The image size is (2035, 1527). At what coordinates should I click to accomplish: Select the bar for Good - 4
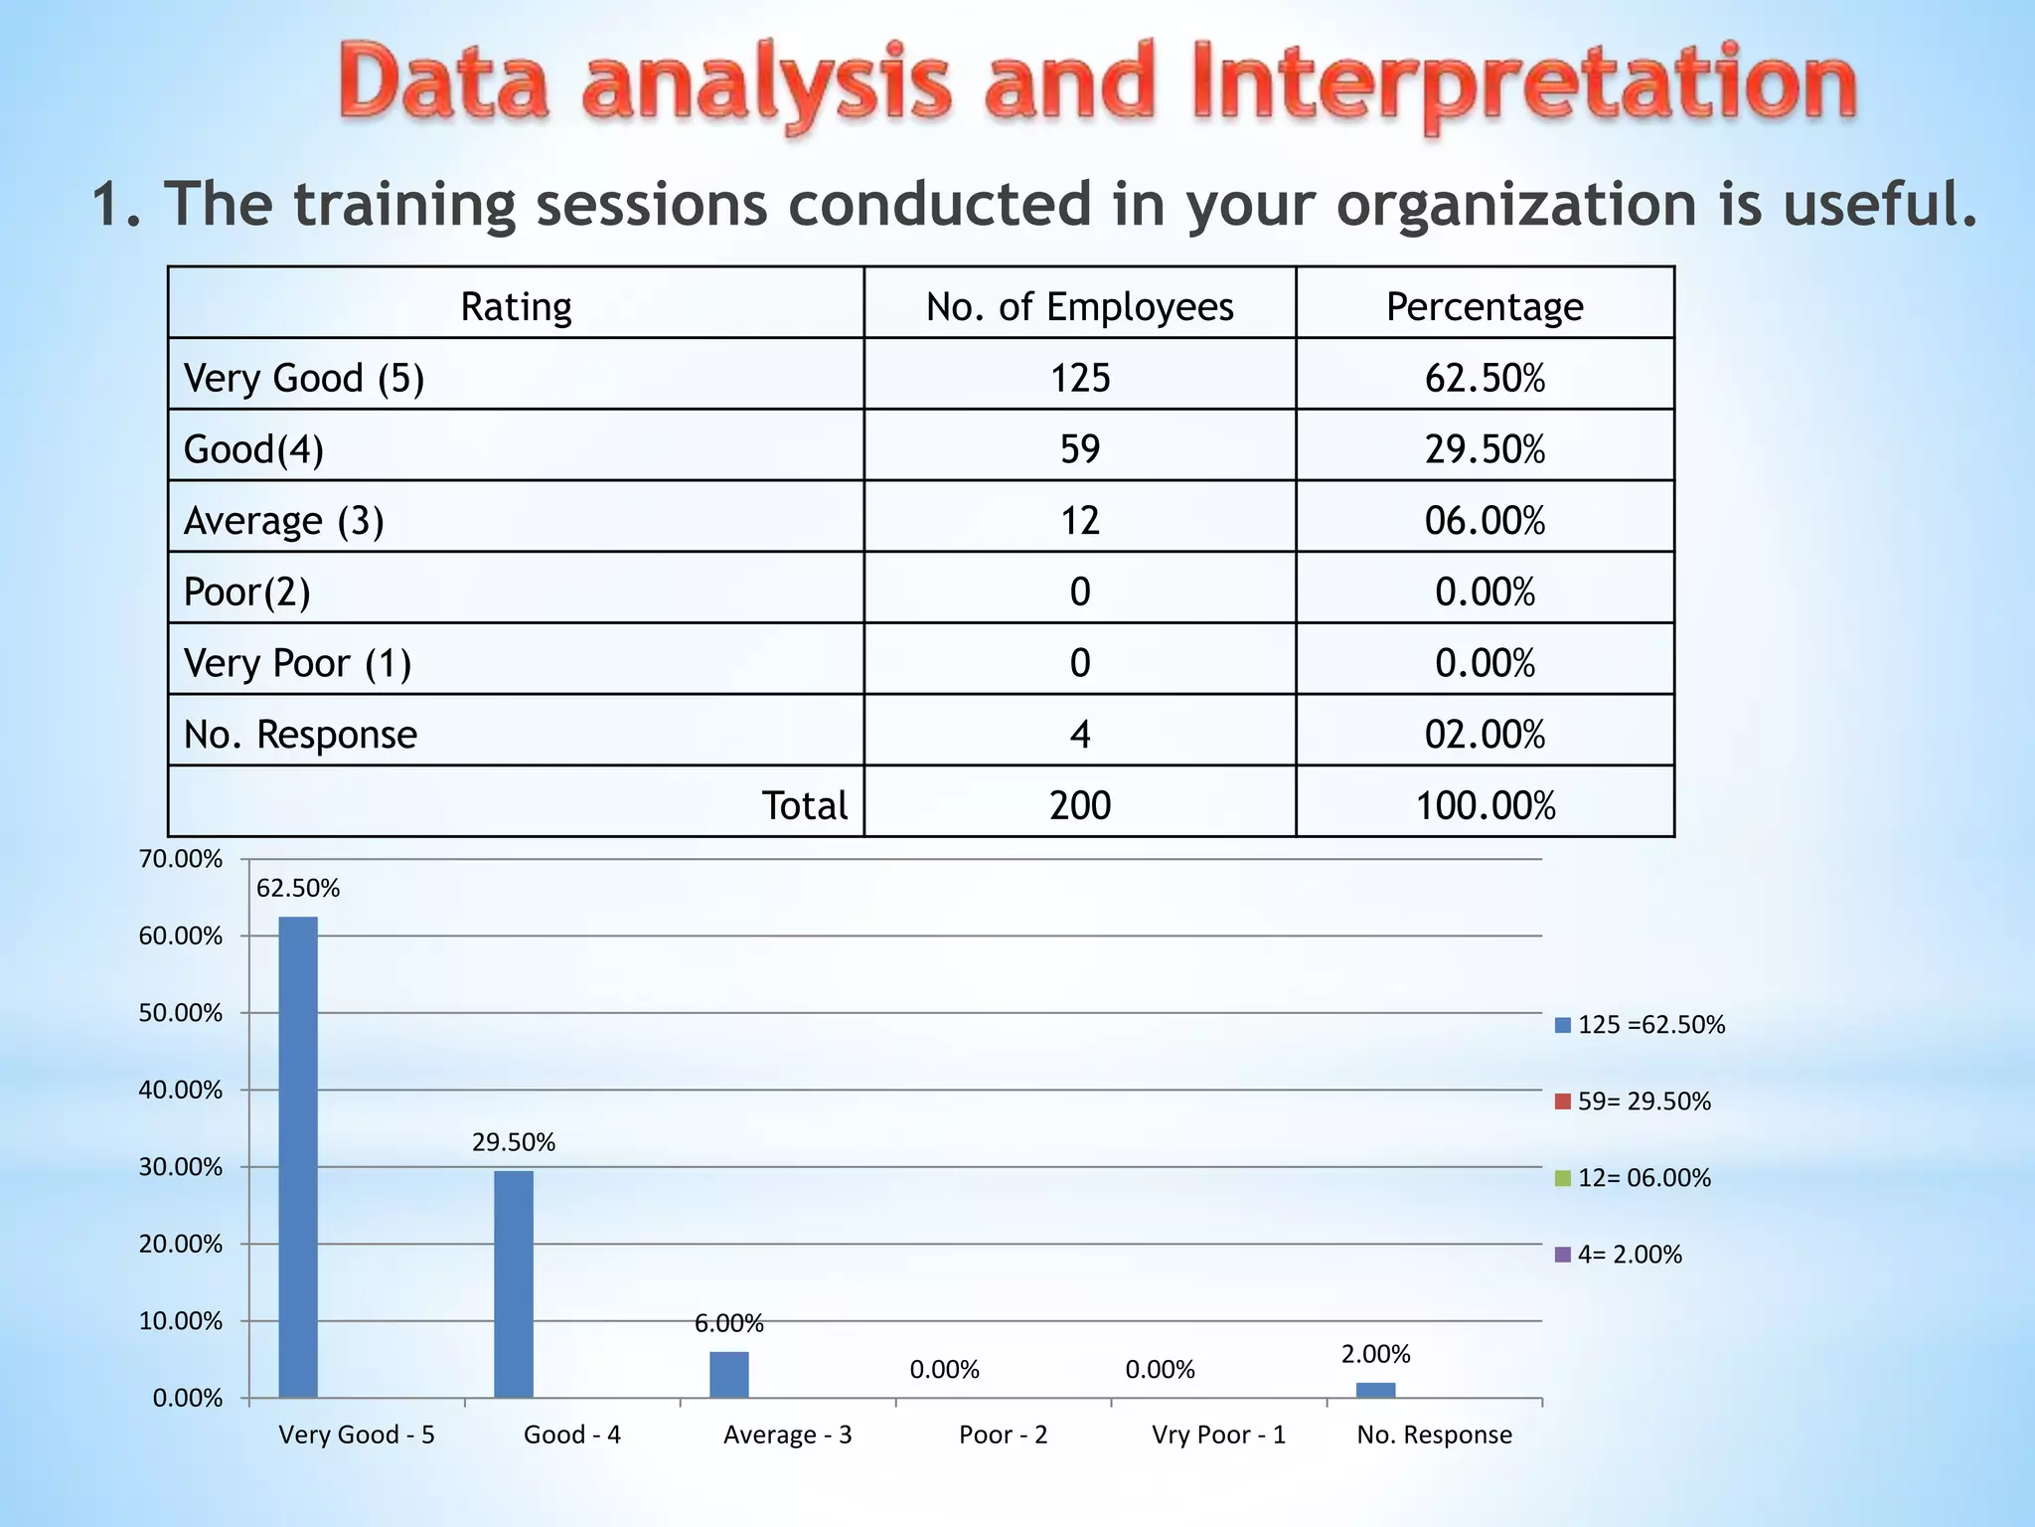[x=514, y=1283]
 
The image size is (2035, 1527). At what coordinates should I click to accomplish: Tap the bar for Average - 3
[x=729, y=1374]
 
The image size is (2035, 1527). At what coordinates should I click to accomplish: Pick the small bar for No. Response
[x=1375, y=1390]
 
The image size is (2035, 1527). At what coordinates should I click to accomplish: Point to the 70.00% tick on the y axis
[x=181, y=859]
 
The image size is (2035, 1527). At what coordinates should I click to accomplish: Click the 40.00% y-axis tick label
[x=181, y=1091]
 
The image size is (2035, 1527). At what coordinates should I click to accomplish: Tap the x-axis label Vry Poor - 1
[x=1218, y=1435]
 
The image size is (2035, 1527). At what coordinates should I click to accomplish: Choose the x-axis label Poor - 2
[x=1003, y=1435]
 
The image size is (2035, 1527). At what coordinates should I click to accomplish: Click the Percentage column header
[x=1485, y=306]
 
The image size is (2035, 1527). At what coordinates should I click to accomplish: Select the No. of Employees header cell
[x=1080, y=306]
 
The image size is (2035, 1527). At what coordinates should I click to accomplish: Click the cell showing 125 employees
[x=1080, y=378]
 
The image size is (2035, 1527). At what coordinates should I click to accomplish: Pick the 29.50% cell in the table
[x=1485, y=449]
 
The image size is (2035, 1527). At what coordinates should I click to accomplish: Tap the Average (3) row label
[x=284, y=521]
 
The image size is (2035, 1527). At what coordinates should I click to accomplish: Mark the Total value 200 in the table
[x=1080, y=805]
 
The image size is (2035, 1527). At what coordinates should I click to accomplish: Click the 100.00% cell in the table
[x=1485, y=805]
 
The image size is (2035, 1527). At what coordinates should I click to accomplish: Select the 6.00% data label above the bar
[x=728, y=1323]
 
